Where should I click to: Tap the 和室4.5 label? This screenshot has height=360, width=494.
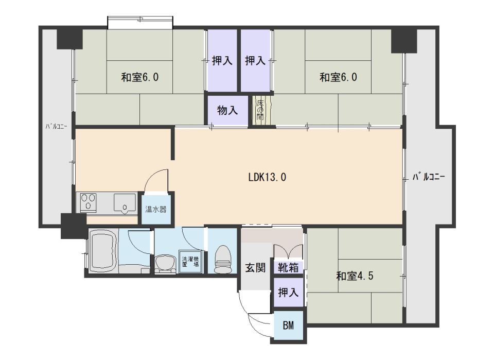pos(355,276)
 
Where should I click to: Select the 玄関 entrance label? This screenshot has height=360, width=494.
pos(255,268)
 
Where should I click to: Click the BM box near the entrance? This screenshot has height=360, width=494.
pos(289,325)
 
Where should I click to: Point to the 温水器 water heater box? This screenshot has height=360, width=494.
pos(155,209)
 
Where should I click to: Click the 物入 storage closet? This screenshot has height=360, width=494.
pos(227,110)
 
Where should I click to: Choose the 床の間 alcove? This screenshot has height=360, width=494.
pos(260,110)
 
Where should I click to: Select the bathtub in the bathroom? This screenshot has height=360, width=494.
pos(103,251)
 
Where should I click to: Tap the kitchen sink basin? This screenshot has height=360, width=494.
pos(124,202)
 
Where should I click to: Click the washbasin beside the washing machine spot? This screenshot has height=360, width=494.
pos(165,262)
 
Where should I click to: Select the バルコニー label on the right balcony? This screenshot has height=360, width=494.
pos(429,178)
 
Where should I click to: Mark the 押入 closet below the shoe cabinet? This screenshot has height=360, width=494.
pos(288,293)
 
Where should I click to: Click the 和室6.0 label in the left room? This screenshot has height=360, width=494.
pos(139,78)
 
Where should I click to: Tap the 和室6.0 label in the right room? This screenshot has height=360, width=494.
pos(338,78)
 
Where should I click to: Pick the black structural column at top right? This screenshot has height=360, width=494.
pos(404,41)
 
